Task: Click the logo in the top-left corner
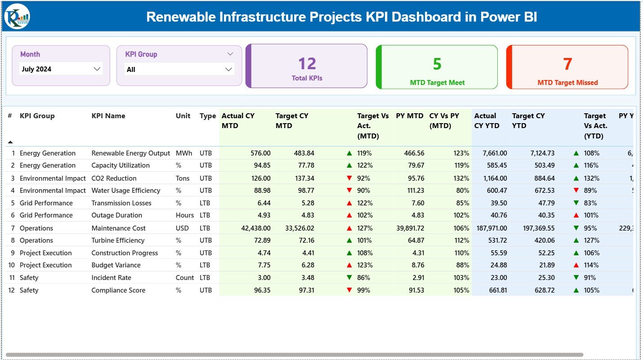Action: [x=17, y=17]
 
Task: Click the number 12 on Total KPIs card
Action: [x=307, y=64]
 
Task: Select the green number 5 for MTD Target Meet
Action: [x=437, y=64]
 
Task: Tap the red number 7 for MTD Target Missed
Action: [x=567, y=64]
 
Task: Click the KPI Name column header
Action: [x=108, y=116]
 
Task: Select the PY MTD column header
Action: [x=410, y=116]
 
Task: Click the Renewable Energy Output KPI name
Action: [x=131, y=153]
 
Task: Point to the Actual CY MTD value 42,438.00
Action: [x=256, y=228]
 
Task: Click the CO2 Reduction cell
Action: [x=114, y=178]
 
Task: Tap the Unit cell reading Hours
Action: [x=185, y=215]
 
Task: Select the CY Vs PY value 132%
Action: [x=461, y=178]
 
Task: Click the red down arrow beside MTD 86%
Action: [x=349, y=278]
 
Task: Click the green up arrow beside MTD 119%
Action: [x=349, y=153]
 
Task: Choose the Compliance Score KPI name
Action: [x=118, y=290]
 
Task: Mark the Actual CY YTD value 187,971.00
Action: [x=491, y=228]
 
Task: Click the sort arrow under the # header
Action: [x=10, y=142]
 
